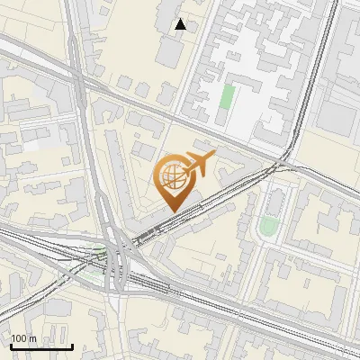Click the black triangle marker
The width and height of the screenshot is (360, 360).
coord(181,24)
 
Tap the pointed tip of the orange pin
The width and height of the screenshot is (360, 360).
coord(172,211)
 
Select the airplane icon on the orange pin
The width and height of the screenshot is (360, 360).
coord(197,166)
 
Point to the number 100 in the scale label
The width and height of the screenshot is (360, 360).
coord(20,338)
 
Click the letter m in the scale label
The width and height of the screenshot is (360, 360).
coord(31,338)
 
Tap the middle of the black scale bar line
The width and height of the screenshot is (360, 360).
coord(40,346)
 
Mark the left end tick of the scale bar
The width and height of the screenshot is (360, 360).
coord(10,345)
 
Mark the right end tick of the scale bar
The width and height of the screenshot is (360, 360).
coord(72,345)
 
